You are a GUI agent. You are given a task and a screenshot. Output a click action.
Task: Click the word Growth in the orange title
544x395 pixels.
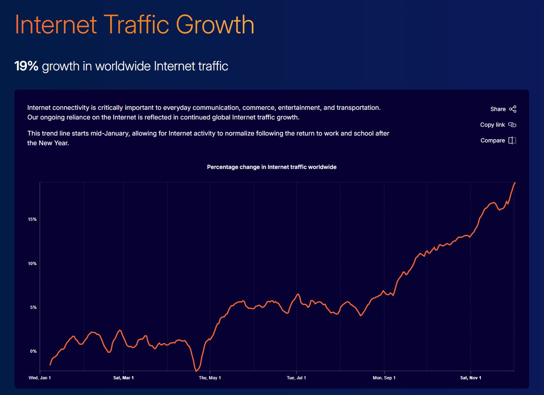tap(215, 25)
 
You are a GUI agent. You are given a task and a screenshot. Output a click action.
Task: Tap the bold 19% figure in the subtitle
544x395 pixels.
tap(26, 66)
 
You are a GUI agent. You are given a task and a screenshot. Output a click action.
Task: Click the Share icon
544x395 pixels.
tap(513, 109)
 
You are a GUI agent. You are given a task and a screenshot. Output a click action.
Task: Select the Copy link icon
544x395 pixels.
tap(512, 125)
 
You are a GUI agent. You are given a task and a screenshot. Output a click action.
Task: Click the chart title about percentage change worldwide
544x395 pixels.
tap(271, 167)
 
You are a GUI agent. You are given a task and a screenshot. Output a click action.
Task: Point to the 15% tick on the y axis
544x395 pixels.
tap(32, 219)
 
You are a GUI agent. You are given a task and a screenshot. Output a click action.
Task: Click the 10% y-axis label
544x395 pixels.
tap(32, 263)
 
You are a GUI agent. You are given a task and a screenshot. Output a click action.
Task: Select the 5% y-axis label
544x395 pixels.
tap(33, 307)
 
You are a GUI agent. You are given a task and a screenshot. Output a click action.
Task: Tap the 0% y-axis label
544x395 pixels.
tap(33, 351)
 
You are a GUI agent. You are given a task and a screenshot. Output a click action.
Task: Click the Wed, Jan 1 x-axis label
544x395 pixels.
tap(39, 378)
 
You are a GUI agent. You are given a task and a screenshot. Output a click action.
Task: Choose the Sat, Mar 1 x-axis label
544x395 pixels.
tap(123, 378)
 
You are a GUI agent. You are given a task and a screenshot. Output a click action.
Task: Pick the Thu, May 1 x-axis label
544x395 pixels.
tap(209, 378)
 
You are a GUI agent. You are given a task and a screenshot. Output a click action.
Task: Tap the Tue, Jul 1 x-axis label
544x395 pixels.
tap(296, 378)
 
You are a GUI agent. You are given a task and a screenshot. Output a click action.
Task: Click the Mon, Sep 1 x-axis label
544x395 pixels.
tap(384, 378)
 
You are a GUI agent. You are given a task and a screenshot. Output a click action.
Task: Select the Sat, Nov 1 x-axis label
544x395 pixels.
tap(470, 378)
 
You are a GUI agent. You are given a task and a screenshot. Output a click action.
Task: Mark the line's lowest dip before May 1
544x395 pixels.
tap(196, 371)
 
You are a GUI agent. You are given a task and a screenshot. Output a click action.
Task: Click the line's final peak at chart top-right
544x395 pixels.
tap(515, 183)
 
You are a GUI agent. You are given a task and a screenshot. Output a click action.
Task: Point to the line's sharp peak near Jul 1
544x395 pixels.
tap(298, 294)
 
